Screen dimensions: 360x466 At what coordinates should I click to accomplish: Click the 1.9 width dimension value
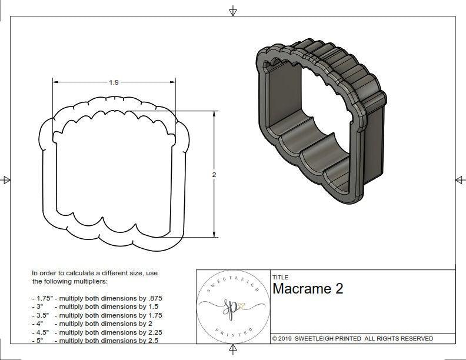point(114,82)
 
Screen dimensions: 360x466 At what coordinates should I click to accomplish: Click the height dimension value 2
point(214,175)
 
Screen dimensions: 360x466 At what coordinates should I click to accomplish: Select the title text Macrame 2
point(308,289)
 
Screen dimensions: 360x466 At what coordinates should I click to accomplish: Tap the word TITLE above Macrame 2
point(280,278)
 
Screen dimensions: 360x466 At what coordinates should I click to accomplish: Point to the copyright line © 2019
point(352,338)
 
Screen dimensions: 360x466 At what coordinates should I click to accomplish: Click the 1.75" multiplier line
point(96,298)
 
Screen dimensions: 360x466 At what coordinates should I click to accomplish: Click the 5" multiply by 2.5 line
point(94,340)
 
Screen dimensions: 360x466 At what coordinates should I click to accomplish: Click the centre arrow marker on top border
point(233,11)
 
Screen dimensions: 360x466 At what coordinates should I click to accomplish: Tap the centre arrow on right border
point(460,180)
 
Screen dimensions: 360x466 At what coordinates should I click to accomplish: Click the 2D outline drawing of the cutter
point(115,174)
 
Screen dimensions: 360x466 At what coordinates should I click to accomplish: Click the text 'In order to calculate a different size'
point(95,274)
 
